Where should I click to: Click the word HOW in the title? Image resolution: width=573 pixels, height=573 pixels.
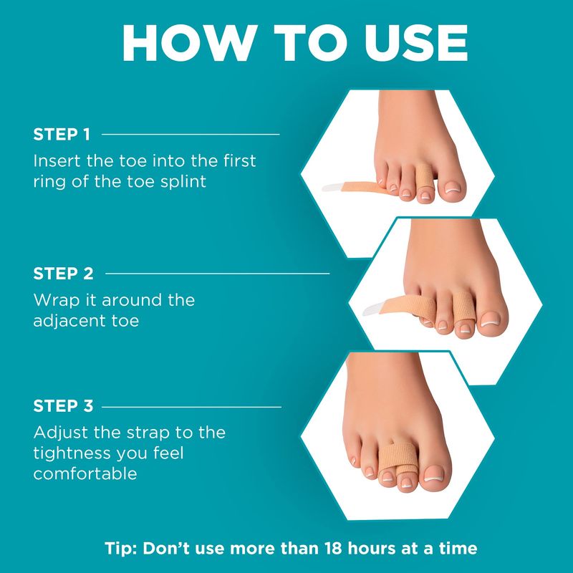tap(188, 43)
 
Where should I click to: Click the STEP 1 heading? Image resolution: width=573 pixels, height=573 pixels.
tap(62, 135)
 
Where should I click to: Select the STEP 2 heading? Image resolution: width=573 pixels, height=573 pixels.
tap(63, 274)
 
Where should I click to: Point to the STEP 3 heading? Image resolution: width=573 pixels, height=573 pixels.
tap(63, 406)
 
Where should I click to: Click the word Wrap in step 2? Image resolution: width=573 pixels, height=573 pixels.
tap(57, 300)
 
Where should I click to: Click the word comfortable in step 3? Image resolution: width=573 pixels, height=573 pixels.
tap(85, 474)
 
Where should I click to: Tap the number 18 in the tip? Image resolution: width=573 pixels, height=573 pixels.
tap(332, 548)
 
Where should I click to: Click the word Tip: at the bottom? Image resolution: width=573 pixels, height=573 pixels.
tap(120, 549)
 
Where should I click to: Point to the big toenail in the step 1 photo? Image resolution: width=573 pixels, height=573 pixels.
tap(452, 190)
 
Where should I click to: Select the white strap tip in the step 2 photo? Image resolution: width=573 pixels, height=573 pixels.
tap(373, 309)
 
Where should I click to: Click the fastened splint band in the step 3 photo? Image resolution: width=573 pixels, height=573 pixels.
tap(398, 457)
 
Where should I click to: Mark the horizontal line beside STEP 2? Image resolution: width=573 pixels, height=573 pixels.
tap(218, 274)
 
